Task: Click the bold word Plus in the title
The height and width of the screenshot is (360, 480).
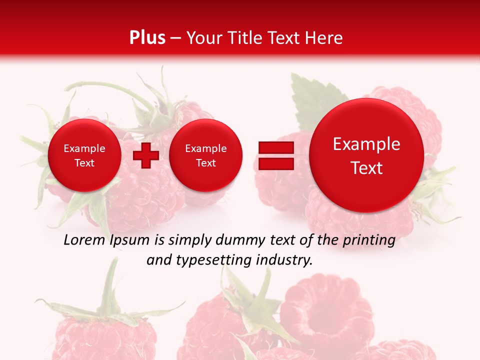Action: pyautogui.click(x=147, y=38)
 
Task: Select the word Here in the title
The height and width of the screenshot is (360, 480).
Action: pyautogui.click(x=325, y=38)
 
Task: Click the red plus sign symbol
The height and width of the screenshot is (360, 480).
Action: pyautogui.click(x=146, y=155)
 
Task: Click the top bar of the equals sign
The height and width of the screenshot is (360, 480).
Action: pyautogui.click(x=276, y=147)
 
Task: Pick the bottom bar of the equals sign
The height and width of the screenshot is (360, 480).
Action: pyautogui.click(x=276, y=164)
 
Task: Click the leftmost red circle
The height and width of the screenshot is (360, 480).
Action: pyautogui.click(x=84, y=155)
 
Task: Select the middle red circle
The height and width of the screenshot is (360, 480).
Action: pyautogui.click(x=205, y=155)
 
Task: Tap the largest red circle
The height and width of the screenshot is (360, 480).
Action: pyautogui.click(x=366, y=155)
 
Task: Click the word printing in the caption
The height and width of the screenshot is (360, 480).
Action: pyautogui.click(x=368, y=240)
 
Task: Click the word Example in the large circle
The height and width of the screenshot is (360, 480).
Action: pyautogui.click(x=366, y=144)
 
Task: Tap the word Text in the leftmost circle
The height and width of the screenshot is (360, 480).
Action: pyautogui.click(x=84, y=163)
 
